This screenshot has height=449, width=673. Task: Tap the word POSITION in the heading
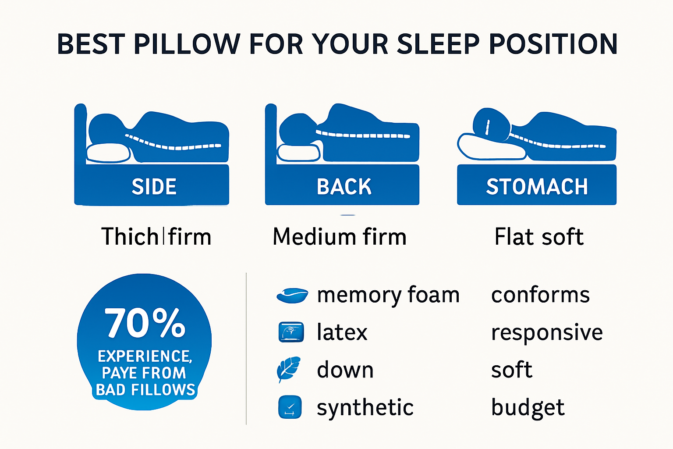pyautogui.click(x=553, y=44)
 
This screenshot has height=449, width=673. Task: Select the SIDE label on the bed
pyautogui.click(x=154, y=187)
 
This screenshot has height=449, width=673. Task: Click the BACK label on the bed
pyautogui.click(x=344, y=187)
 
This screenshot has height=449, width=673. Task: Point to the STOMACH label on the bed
pyautogui.click(x=537, y=187)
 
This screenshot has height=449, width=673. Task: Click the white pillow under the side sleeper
pyautogui.click(x=108, y=153)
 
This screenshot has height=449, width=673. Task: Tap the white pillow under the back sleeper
pyautogui.click(x=298, y=153)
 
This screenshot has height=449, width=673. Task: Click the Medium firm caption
pyautogui.click(x=340, y=237)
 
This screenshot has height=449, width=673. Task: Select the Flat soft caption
pyautogui.click(x=539, y=237)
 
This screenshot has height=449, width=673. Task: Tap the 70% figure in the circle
pyautogui.click(x=145, y=323)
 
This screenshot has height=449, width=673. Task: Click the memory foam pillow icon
pyautogui.click(x=292, y=296)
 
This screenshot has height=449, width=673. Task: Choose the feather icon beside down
pyautogui.click(x=289, y=369)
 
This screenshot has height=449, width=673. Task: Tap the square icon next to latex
pyautogui.click(x=291, y=332)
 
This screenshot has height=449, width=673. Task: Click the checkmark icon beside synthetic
pyautogui.click(x=290, y=407)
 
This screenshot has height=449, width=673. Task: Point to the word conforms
pyautogui.click(x=540, y=295)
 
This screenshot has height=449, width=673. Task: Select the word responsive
pyautogui.click(x=547, y=332)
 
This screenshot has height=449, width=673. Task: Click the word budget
pyautogui.click(x=528, y=408)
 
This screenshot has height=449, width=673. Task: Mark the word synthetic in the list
pyautogui.click(x=365, y=408)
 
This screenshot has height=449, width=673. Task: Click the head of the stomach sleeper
pyautogui.click(x=491, y=123)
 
